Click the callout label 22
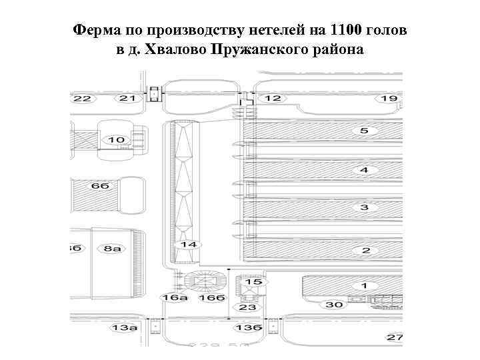click(83, 99)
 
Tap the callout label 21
click(127, 99)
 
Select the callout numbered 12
click(272, 99)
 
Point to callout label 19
click(388, 99)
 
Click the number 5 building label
click(364, 131)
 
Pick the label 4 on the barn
click(364, 170)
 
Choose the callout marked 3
click(364, 208)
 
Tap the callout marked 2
click(365, 251)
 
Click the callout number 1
click(364, 286)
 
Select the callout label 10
click(116, 140)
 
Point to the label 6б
click(101, 186)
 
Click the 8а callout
click(111, 249)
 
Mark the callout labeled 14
click(189, 245)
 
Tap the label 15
click(253, 283)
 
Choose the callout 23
click(247, 307)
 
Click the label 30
click(334, 305)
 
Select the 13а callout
click(124, 328)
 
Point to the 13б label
click(247, 328)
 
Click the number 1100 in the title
click(347, 31)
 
